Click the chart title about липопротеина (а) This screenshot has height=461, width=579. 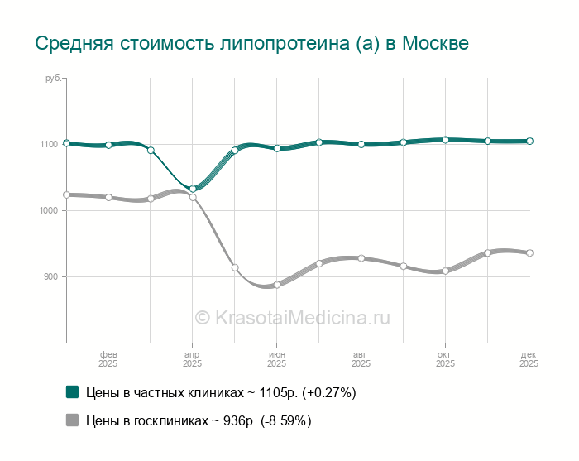tap(251, 43)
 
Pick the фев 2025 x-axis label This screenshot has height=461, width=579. tap(108, 358)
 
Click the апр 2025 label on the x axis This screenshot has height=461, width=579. tap(192, 358)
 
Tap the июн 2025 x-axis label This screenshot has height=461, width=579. tap(276, 358)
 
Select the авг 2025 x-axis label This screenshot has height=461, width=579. tap(361, 358)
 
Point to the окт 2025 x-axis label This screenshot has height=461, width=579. tap(445, 358)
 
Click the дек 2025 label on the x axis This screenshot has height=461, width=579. tap(529, 358)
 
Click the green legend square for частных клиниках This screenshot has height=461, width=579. tap(72, 392)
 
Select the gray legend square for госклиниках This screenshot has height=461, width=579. tap(72, 420)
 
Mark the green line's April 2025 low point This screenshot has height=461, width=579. tap(193, 189)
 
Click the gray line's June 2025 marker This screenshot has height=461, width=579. tap(277, 285)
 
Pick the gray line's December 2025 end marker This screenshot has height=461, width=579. tap(529, 253)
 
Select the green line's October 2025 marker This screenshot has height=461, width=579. tap(445, 140)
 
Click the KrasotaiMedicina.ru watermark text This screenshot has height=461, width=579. tap(292, 317)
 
